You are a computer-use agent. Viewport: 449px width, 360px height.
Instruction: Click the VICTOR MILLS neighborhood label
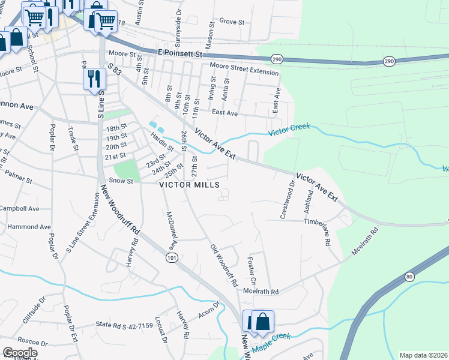coord(189,185)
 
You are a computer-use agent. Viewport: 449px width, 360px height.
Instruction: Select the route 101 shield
coord(172,257)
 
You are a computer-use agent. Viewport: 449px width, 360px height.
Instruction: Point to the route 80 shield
coord(409,277)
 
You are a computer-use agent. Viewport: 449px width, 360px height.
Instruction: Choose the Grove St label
coord(232,22)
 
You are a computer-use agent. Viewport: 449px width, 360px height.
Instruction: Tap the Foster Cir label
coord(251,272)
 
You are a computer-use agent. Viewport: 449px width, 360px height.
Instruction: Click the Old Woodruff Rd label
coord(224,265)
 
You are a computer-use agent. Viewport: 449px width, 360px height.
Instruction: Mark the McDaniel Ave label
coord(170,230)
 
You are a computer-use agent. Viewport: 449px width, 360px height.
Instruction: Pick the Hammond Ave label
coord(29,227)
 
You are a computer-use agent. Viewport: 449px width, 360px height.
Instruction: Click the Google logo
coord(20,353)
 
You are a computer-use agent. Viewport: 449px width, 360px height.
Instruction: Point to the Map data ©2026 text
coord(423,355)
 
